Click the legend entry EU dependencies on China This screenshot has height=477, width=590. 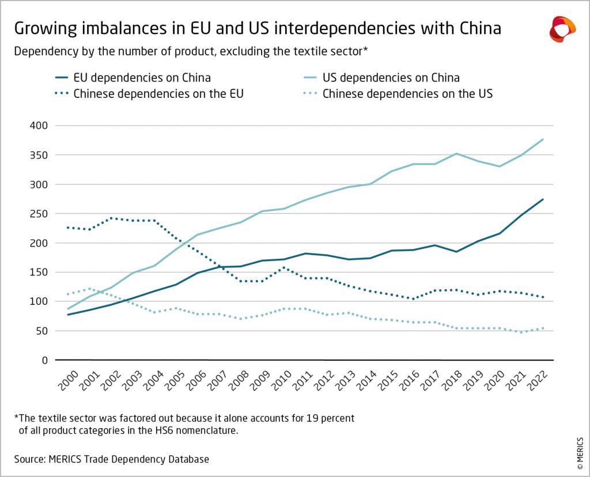(x=142, y=77)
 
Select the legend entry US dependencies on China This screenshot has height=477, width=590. (x=391, y=77)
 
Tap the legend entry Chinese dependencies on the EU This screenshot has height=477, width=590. (x=158, y=93)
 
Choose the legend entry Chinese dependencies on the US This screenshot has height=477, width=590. (x=407, y=93)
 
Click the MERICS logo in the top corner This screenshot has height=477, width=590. (x=562, y=29)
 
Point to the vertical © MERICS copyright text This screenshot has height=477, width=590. (x=579, y=441)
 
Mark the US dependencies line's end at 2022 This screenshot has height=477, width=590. (x=543, y=139)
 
